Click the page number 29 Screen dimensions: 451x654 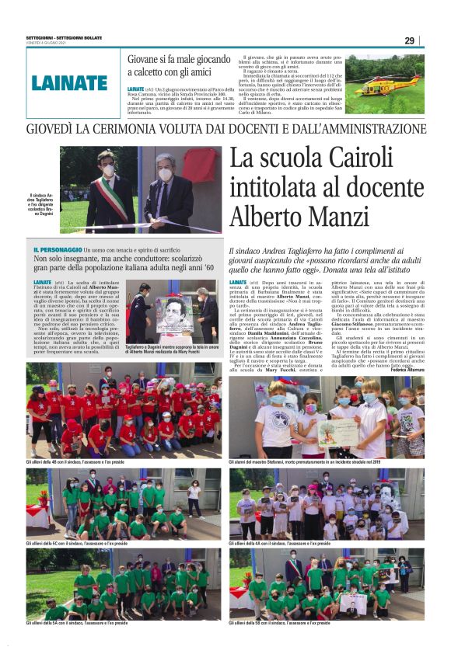pos(409,40)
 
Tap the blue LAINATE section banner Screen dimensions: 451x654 pos(69,83)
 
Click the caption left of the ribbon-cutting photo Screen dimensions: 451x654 pos(42,205)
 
